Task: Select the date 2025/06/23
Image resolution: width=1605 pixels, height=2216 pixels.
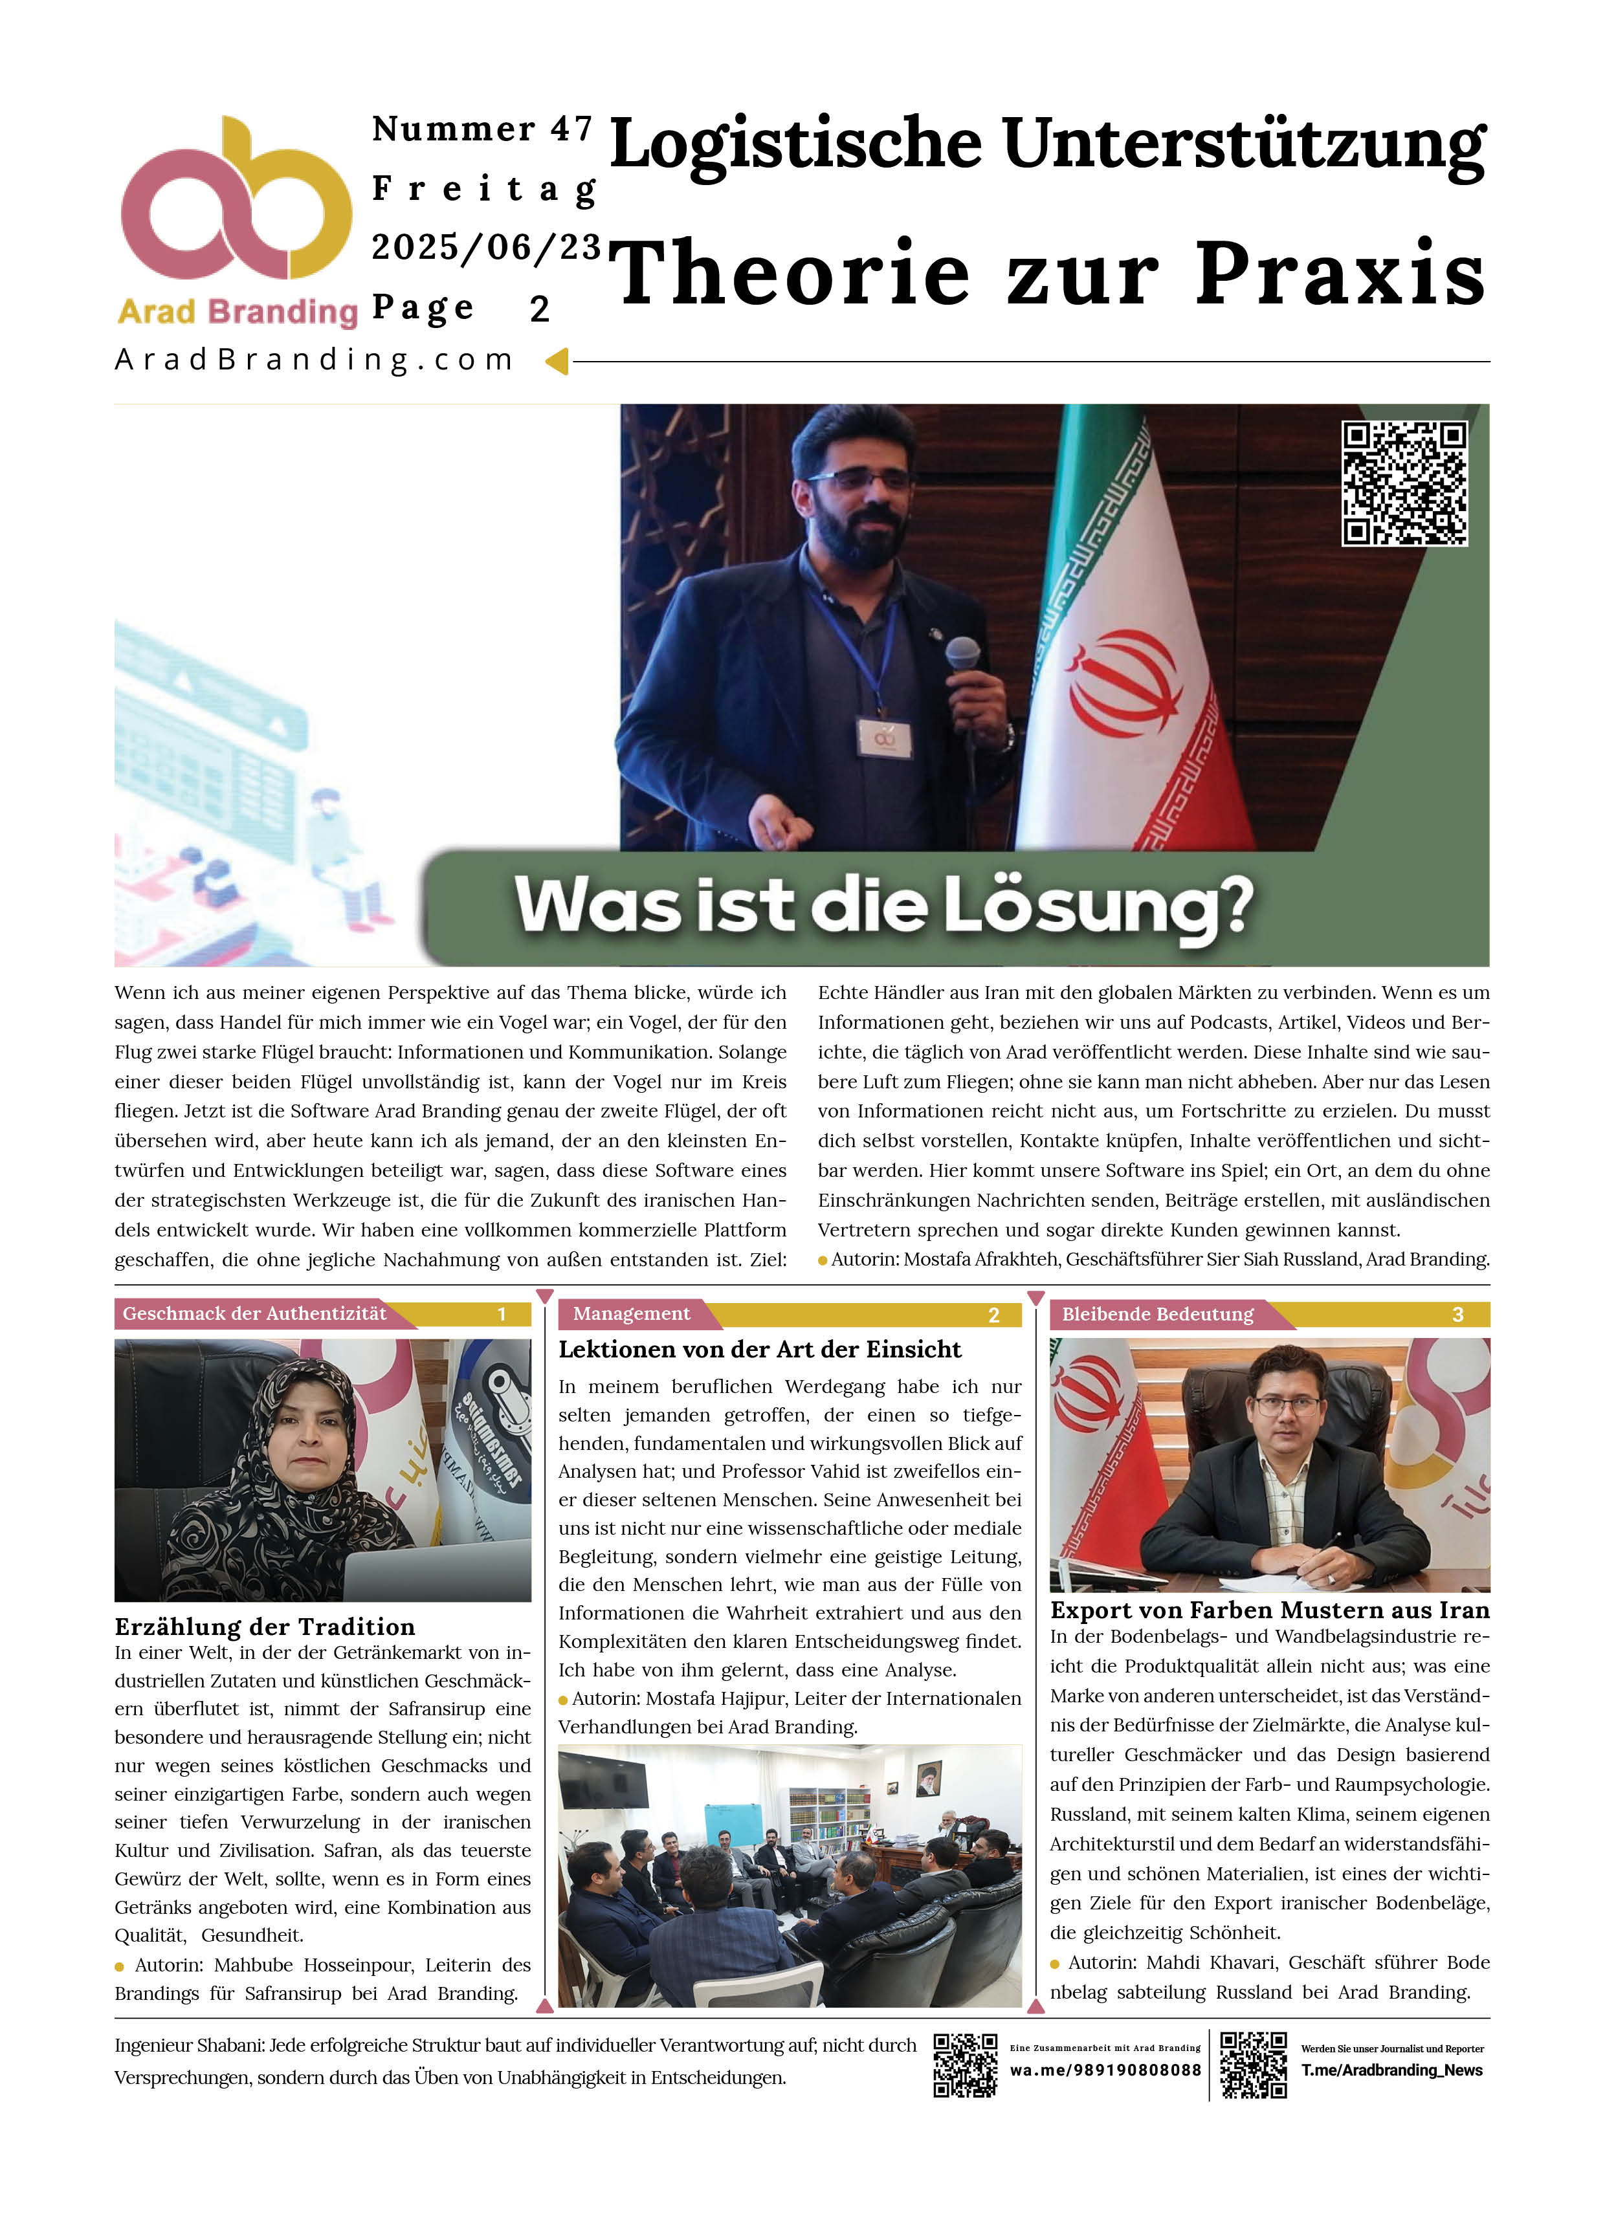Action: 486,247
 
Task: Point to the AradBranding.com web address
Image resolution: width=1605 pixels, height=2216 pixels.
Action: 315,360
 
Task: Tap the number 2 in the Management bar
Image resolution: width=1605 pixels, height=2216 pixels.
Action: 993,1315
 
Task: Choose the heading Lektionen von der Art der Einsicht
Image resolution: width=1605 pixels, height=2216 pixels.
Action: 760,1350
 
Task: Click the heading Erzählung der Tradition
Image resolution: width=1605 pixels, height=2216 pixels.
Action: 265,1627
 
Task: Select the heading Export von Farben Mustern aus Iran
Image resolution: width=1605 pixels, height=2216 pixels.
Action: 1268,1610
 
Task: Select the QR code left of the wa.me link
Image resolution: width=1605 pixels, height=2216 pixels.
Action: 965,2065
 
